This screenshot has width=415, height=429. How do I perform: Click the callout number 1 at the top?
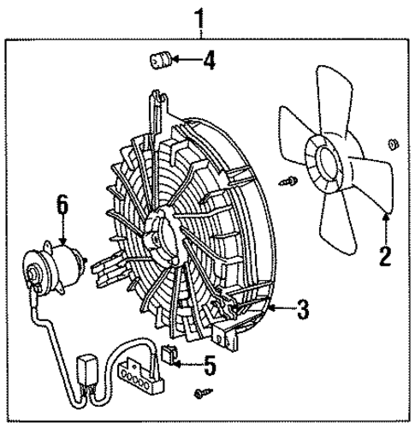[203, 15]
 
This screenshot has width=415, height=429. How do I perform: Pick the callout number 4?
[209, 61]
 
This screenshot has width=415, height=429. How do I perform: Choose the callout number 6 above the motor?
[62, 205]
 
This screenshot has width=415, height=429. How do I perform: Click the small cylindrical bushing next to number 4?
[160, 61]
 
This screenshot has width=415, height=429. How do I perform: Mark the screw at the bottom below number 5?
[203, 391]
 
